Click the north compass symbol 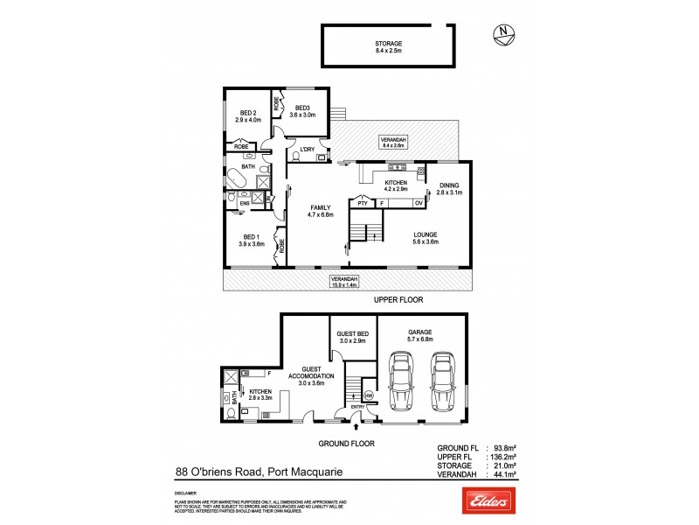click(502, 34)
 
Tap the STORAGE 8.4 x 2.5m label click(388, 46)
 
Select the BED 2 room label click(248, 116)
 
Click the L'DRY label click(307, 150)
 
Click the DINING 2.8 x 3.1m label click(449, 188)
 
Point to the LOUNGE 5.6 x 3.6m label click(426, 237)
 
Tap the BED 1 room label click(252, 241)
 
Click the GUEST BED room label click(353, 337)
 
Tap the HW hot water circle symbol click(367, 395)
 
